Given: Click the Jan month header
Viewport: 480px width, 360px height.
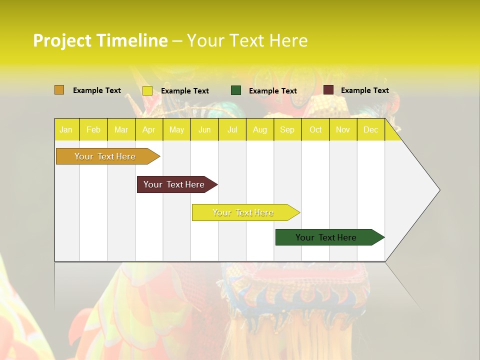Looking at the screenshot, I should pyautogui.click(x=66, y=130).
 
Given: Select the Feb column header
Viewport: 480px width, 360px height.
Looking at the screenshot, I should pyautogui.click(x=93, y=130).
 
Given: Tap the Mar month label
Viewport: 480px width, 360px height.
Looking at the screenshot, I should pyautogui.click(x=121, y=130).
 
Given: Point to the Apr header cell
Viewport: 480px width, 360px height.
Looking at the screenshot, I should pyautogui.click(x=148, y=130).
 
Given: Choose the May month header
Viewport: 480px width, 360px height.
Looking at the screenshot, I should pyautogui.click(x=176, y=130).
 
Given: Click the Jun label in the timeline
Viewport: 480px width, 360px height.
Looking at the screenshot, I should pyautogui.click(x=204, y=130).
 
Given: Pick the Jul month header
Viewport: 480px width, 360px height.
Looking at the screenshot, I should pyautogui.click(x=232, y=130).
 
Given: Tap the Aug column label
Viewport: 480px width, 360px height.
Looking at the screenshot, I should pyautogui.click(x=260, y=130).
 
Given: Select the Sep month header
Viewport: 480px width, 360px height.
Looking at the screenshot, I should pyautogui.click(x=287, y=130).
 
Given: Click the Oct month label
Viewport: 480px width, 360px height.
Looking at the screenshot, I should pyautogui.click(x=315, y=130).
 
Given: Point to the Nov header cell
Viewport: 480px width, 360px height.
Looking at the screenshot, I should pyautogui.click(x=343, y=130).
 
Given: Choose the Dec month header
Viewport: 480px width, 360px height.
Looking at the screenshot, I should pyautogui.click(x=370, y=130).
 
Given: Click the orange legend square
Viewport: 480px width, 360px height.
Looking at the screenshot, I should pyautogui.click(x=59, y=90).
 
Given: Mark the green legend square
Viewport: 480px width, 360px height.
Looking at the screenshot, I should pyautogui.click(x=236, y=90).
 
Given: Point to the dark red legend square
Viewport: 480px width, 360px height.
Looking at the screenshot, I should pyautogui.click(x=328, y=90).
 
